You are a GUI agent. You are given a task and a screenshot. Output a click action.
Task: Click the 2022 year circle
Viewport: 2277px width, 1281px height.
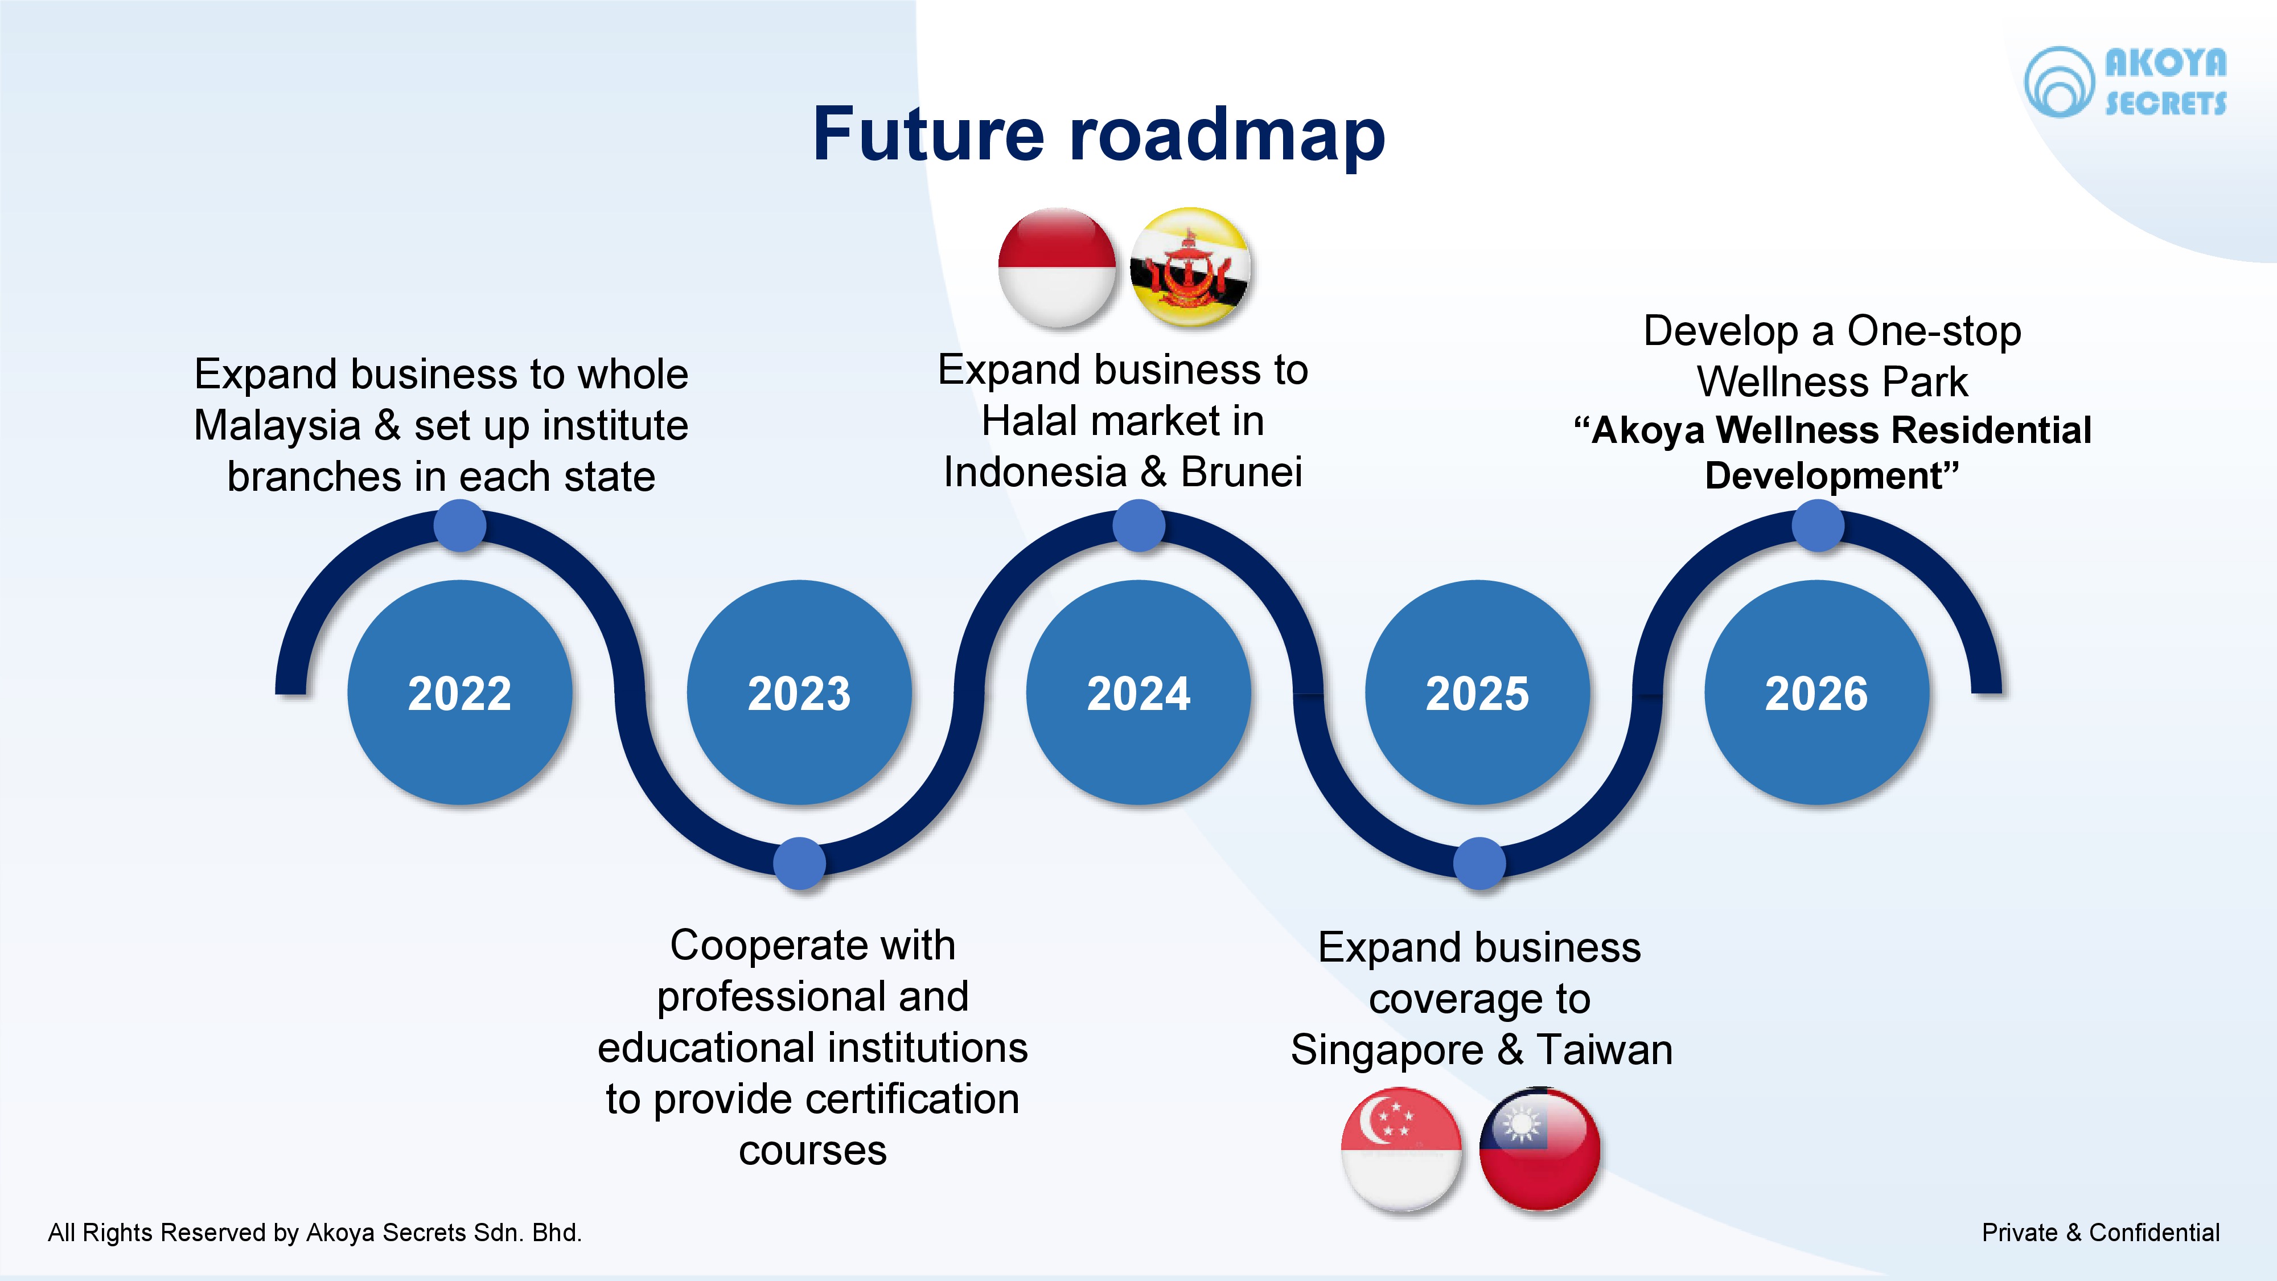(459, 692)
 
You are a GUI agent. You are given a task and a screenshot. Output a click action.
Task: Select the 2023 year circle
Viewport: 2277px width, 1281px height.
(799, 692)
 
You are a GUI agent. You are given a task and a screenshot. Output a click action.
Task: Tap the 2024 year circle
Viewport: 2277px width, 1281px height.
(1138, 692)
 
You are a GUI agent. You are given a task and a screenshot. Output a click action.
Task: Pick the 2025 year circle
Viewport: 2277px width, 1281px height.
(1477, 692)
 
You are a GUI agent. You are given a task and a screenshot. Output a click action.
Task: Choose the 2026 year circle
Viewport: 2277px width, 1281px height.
(1816, 692)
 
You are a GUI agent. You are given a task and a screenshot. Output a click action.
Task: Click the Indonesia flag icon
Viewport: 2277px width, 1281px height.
(1057, 267)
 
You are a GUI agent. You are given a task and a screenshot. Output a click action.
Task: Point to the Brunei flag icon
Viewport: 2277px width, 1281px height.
(1191, 267)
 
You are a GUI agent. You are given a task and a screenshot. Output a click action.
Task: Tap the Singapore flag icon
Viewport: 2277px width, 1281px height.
(1401, 1148)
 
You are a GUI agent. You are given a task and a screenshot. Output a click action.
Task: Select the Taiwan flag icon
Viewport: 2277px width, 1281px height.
(1539, 1148)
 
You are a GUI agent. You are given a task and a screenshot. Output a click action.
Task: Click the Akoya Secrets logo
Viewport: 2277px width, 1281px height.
(2125, 82)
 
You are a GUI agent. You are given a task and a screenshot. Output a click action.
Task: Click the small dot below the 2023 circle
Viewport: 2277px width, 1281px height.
(799, 863)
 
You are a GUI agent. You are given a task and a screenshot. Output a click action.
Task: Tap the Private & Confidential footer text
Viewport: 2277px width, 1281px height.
(2100, 1233)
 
